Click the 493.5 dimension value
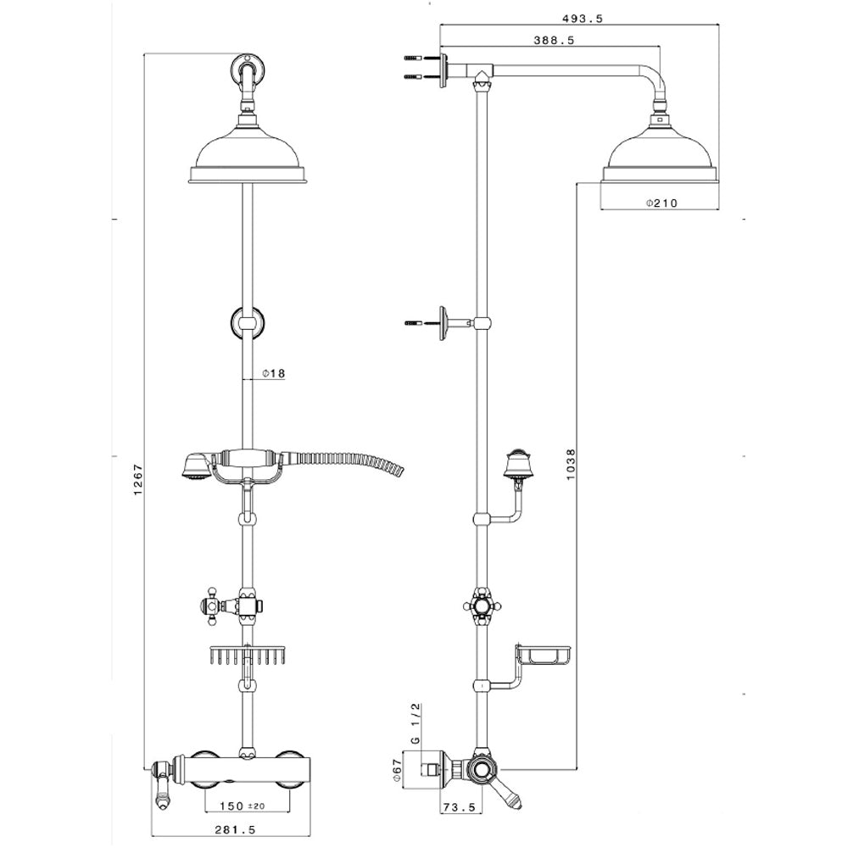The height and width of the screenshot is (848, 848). pos(582,19)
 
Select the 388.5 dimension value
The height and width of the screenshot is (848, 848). pos(554,40)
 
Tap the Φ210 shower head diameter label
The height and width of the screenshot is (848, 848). pos(661,204)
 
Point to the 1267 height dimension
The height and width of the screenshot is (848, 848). pos(138,479)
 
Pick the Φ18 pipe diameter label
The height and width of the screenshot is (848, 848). pos(273,373)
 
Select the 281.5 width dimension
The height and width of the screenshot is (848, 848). pos(234,829)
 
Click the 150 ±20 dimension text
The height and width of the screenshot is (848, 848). pos(243,806)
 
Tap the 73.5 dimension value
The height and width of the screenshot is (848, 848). pos(460,807)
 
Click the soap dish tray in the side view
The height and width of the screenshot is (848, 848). pos(544,655)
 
